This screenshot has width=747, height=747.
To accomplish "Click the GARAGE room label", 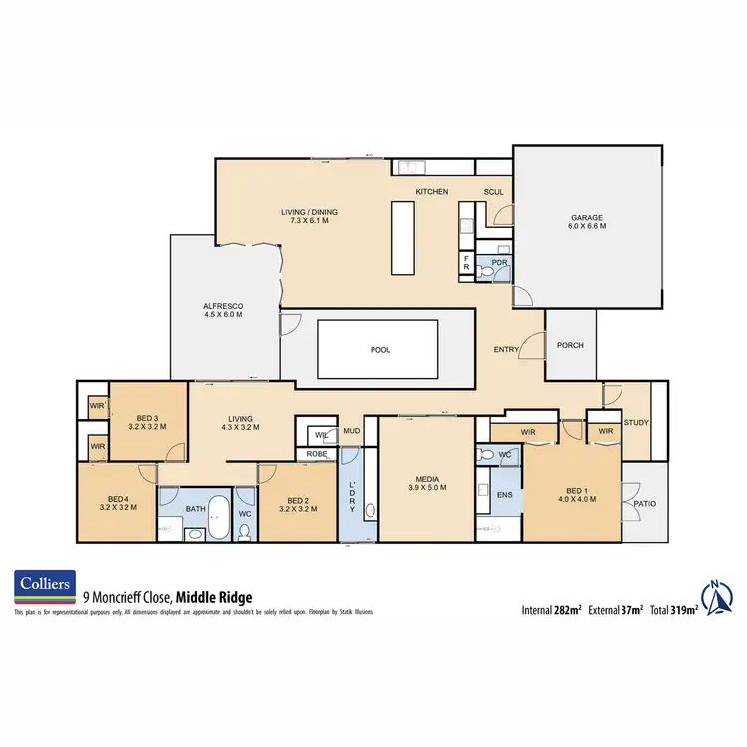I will (x=588, y=222).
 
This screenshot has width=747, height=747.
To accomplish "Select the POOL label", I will (x=380, y=350).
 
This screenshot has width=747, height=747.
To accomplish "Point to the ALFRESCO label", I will (x=223, y=309).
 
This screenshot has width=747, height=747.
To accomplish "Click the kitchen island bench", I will (x=401, y=237).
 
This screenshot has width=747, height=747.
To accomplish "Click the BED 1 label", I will (x=574, y=494).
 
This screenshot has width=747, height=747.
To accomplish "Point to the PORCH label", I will (x=570, y=346).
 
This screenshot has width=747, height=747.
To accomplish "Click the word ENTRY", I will (x=506, y=350).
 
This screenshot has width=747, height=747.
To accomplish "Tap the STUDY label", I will (x=636, y=423).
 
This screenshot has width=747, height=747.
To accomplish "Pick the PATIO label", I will (x=644, y=504).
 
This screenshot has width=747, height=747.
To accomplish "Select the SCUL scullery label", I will (x=494, y=192).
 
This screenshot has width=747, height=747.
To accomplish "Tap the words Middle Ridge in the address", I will (x=214, y=598).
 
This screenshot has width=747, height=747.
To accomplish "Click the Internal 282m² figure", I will (x=552, y=609).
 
